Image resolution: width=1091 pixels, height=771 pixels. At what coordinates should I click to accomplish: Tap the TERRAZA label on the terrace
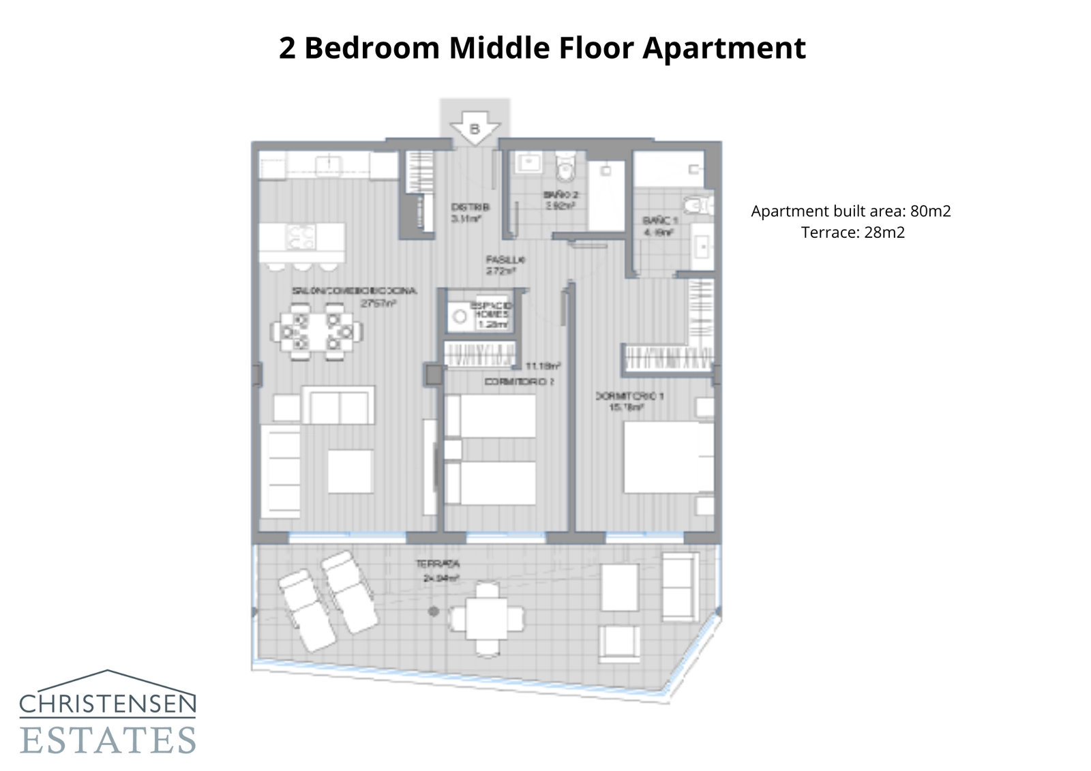pos(438,564)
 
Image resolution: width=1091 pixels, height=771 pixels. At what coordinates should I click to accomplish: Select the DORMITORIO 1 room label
pos(629,396)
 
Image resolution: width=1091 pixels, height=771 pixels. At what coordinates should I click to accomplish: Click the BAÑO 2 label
pos(561,195)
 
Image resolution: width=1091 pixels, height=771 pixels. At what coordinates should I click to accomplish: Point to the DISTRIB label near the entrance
pos(470,207)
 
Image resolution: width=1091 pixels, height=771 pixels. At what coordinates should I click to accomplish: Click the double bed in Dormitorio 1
pos(668,457)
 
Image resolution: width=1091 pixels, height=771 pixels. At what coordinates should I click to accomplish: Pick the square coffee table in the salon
pos(350,471)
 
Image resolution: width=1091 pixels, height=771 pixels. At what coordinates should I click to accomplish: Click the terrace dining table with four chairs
pos(487,618)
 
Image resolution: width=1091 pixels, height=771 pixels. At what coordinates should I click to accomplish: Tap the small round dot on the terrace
pos(433,611)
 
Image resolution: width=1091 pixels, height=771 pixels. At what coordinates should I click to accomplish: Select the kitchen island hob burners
pos(301,237)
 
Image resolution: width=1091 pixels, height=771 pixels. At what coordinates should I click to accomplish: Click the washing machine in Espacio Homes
pos(460,317)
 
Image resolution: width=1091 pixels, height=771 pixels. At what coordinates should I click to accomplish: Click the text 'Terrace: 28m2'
pos(852,232)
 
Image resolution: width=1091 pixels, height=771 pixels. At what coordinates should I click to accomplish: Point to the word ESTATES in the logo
pos(108,740)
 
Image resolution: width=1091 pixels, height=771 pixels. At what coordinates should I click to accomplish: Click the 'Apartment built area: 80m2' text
pos(850,211)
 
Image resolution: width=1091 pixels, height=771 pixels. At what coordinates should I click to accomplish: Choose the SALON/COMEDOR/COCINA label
pos(354,291)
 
